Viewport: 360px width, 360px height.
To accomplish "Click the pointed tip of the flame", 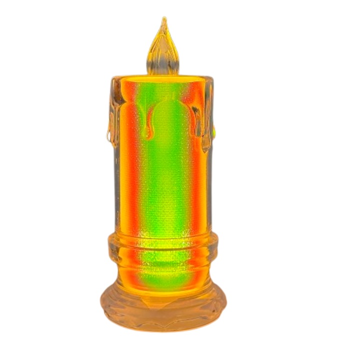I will pos(163,20).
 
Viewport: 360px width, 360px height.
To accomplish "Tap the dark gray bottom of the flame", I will pos(163,70).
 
